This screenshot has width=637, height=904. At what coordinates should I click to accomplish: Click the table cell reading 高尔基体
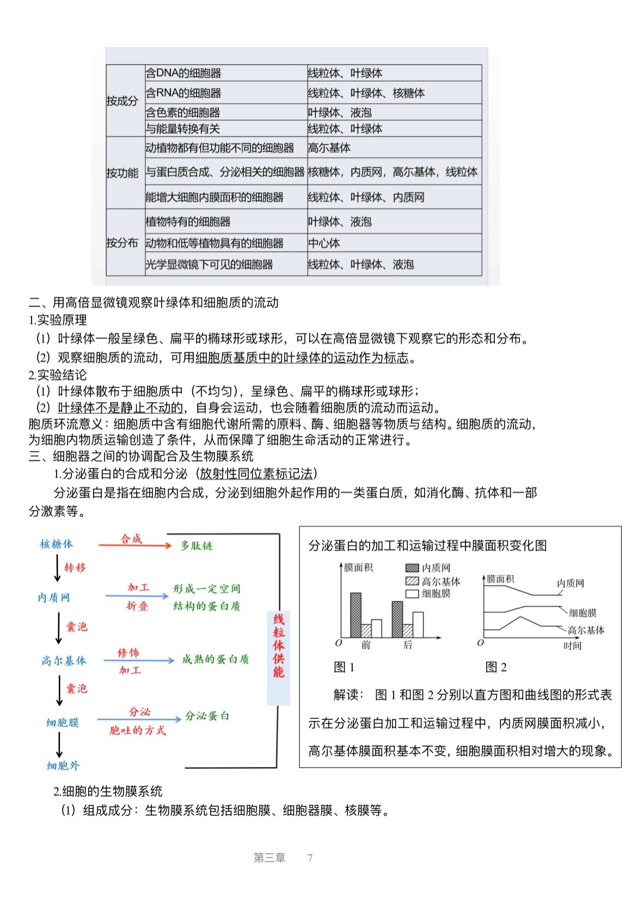click(x=329, y=148)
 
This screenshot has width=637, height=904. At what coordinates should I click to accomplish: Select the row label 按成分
click(x=122, y=101)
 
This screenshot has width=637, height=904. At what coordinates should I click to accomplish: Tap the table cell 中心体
click(x=324, y=243)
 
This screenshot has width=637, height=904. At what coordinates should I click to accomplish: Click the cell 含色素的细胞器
click(x=183, y=113)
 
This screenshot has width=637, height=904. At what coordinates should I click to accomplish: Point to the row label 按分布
click(x=122, y=243)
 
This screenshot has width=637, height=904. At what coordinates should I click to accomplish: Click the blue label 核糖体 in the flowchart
click(x=56, y=544)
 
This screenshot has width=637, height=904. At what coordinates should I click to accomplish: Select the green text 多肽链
click(x=197, y=546)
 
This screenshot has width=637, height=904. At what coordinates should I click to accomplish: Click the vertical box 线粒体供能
click(x=279, y=646)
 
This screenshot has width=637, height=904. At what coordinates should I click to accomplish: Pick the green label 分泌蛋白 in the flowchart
click(x=207, y=716)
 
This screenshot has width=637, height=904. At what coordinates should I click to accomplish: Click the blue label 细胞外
click(x=63, y=766)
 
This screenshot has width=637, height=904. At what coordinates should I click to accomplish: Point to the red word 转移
click(x=75, y=568)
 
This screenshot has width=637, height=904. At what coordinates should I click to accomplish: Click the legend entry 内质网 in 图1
click(x=428, y=568)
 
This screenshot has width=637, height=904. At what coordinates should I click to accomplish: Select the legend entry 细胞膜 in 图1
click(x=428, y=594)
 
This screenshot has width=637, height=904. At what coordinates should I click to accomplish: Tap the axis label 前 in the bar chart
click(x=366, y=645)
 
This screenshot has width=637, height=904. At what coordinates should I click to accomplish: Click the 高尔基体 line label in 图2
click(x=586, y=630)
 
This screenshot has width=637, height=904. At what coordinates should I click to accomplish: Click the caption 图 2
click(x=496, y=667)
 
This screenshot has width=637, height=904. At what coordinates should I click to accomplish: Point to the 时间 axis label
click(x=572, y=646)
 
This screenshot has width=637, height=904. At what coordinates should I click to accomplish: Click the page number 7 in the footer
click(x=310, y=858)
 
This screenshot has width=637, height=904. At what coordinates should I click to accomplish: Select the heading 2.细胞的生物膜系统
click(x=108, y=791)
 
